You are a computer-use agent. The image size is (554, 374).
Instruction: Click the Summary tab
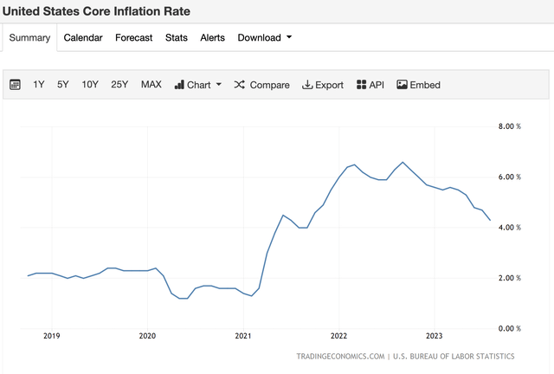coord(30,37)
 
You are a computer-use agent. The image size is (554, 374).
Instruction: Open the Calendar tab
coord(83,37)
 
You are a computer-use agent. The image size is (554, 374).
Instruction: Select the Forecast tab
coord(133,37)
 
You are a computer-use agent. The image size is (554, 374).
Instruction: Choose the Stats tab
coord(177,37)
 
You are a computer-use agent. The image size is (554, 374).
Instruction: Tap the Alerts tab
coord(212,37)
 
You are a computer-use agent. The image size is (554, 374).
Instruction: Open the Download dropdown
coord(264,37)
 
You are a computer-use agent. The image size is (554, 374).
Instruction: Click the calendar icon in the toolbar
coord(15,85)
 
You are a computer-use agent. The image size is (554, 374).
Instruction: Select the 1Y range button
coord(39,85)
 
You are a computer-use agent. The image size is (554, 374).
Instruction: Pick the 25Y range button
coord(119,85)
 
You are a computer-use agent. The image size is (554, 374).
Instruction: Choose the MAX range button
coord(151,85)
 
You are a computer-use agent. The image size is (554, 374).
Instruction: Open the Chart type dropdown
coord(198,85)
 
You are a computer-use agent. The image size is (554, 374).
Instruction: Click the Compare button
coord(262,85)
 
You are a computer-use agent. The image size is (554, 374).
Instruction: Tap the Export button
coord(323,85)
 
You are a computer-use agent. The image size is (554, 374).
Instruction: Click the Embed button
coord(418,85)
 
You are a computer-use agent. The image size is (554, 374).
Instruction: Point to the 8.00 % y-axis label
coord(508,126)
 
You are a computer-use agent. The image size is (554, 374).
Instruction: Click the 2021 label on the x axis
coord(242,335)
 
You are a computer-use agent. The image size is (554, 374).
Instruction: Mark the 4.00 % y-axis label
coord(508,228)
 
